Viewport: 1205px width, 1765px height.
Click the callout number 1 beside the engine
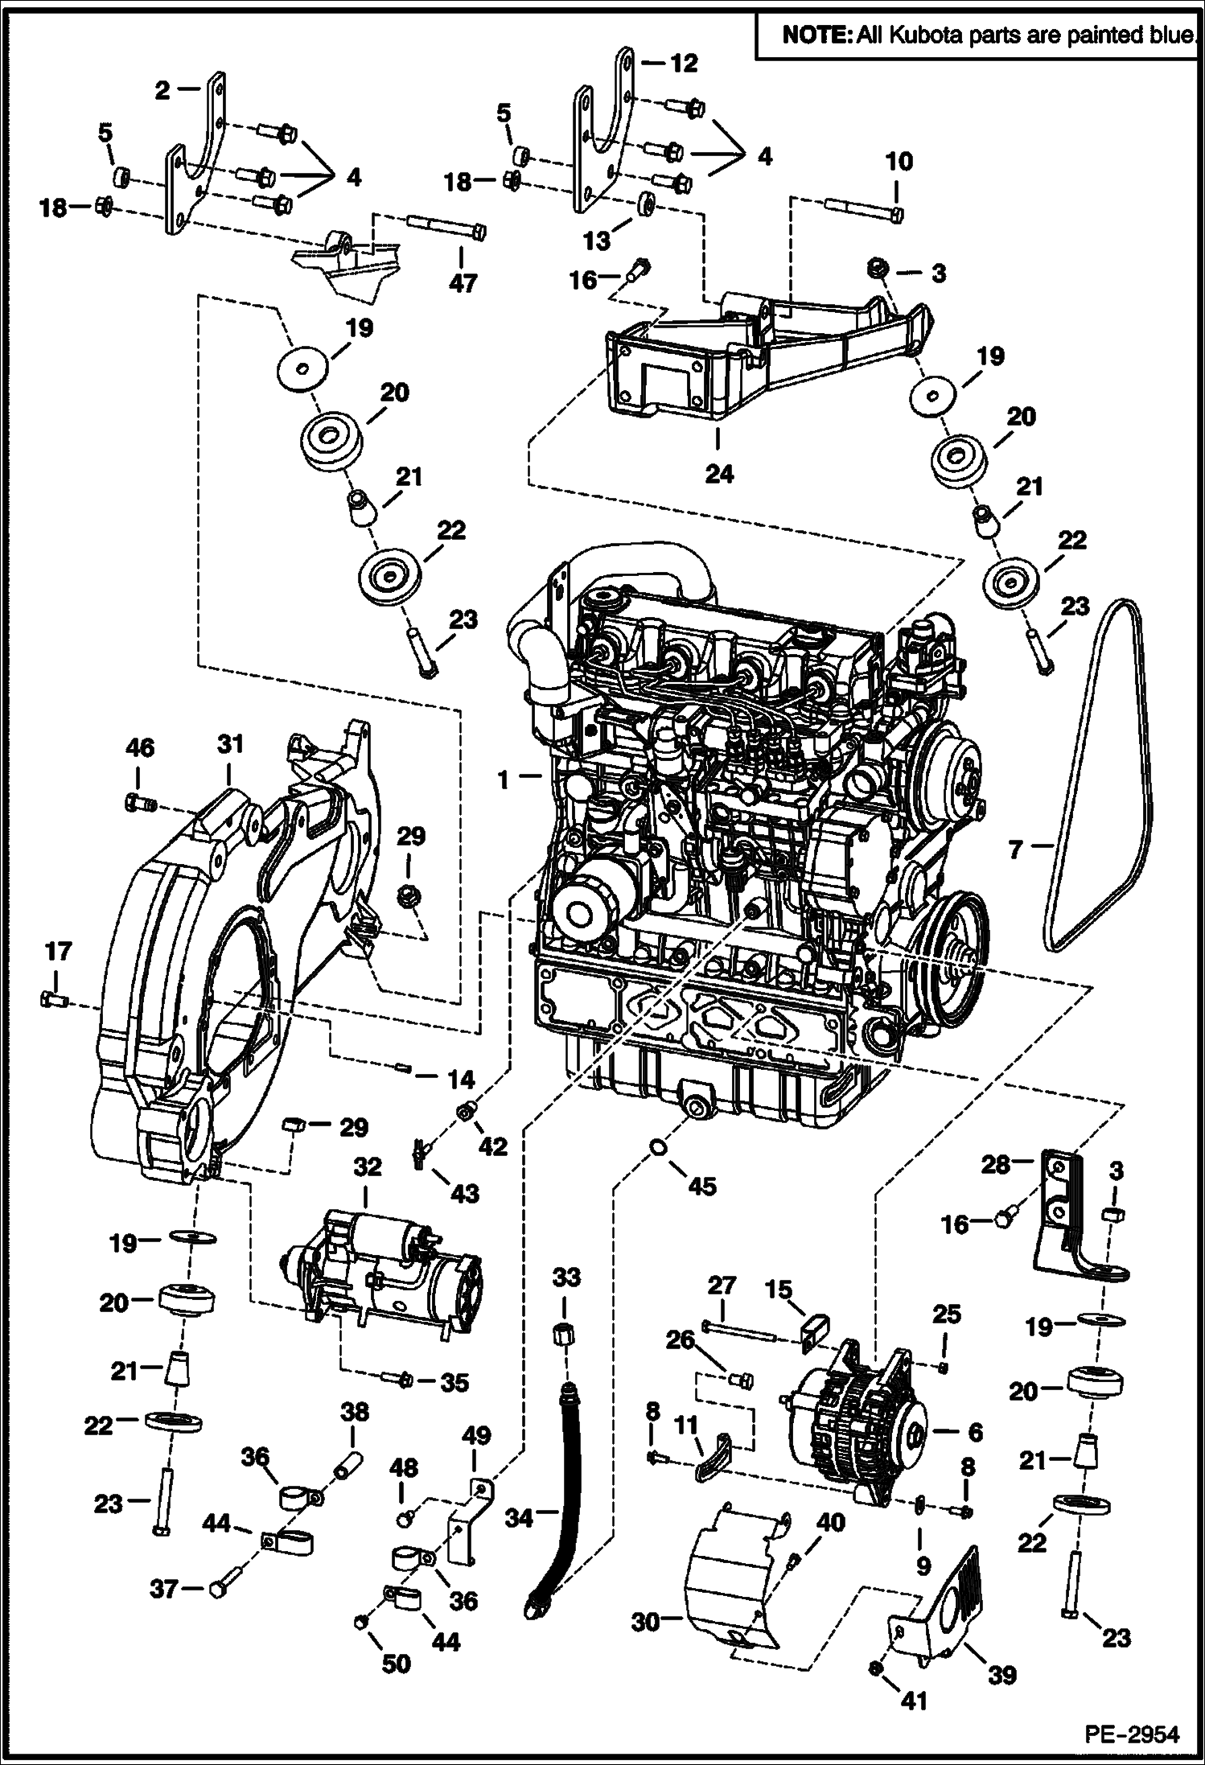click(x=504, y=779)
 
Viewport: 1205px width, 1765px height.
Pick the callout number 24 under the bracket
click(x=719, y=475)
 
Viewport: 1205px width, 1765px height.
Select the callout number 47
click(x=463, y=282)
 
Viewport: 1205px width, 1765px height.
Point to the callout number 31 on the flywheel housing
click(x=230, y=744)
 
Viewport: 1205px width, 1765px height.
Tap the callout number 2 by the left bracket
click(x=163, y=90)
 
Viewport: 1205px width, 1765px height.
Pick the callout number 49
click(x=476, y=1435)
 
